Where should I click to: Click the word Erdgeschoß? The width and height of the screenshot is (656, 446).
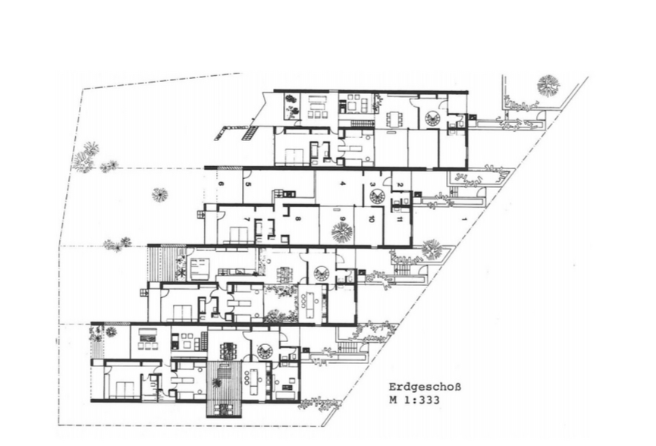[x=425, y=388]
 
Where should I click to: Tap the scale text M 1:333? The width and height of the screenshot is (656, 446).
[x=415, y=400]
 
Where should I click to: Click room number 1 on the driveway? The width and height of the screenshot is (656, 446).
[x=463, y=218]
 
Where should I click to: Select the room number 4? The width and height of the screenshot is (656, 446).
[x=342, y=184]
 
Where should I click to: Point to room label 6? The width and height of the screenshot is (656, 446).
[x=221, y=184]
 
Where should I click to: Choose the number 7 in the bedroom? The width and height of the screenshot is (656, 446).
[x=247, y=218]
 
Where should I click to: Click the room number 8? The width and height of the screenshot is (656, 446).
[x=298, y=218]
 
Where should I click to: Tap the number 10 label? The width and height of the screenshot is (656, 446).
[x=371, y=218]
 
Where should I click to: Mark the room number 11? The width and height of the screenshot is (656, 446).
[x=400, y=218]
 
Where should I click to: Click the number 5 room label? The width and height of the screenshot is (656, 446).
[x=248, y=184]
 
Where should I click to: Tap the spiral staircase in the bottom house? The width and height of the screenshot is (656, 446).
[x=265, y=351]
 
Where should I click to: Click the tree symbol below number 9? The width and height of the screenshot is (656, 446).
[x=342, y=232]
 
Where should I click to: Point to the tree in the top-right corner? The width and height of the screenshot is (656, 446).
[x=548, y=85]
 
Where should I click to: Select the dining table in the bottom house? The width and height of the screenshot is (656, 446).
[x=228, y=350]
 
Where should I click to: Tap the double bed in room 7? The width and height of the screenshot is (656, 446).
[x=235, y=234]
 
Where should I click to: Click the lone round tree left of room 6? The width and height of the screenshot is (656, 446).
[x=160, y=194]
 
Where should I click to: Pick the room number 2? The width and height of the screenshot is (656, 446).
[x=400, y=184]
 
